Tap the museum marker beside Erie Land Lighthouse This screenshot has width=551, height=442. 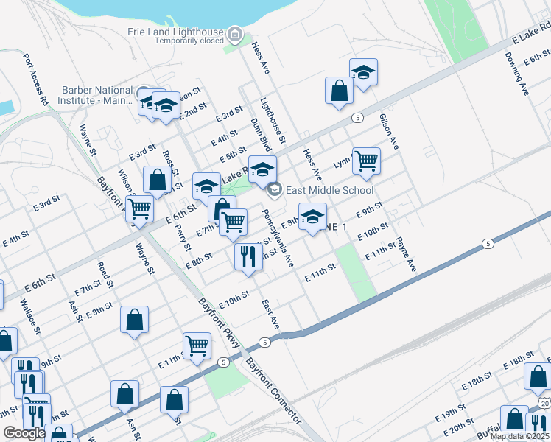235,34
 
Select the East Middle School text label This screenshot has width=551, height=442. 329,190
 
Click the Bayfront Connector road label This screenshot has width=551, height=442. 273,391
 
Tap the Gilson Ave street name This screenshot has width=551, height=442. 388,132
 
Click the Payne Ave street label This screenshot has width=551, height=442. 406,255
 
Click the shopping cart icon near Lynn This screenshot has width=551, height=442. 366,160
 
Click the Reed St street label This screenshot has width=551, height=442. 105,274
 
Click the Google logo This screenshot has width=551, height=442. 24,433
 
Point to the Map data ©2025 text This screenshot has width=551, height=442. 519,436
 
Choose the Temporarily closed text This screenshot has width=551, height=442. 189,41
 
